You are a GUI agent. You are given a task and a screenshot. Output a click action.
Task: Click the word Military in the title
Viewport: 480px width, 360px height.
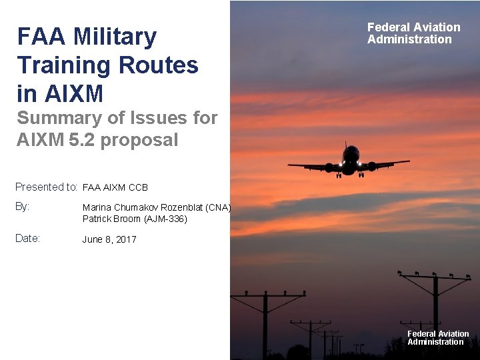pos(115,37)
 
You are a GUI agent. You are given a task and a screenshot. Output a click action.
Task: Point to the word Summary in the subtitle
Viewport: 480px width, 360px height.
pos(58,118)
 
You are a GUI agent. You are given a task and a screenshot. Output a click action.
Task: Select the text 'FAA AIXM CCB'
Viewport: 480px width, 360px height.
pos(115,187)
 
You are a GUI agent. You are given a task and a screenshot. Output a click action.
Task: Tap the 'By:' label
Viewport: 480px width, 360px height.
pos(23,207)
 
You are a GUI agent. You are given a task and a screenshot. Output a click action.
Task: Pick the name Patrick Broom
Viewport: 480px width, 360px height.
pos(112,218)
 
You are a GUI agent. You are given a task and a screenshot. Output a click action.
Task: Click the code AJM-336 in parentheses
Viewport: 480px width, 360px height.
pos(165,218)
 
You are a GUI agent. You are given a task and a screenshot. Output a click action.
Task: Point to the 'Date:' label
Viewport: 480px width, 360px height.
pos(28,239)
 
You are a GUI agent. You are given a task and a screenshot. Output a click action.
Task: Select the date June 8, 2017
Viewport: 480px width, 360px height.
pos(109,239)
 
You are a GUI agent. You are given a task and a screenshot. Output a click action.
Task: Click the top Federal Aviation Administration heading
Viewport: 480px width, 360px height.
pos(413,33)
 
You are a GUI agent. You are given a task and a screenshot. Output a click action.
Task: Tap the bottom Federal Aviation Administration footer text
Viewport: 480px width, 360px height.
pos(438,338)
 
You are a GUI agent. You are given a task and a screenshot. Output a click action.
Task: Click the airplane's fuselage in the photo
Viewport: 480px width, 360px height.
pos(350,160)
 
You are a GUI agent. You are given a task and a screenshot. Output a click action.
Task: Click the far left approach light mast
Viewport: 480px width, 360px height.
pos(265,320)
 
